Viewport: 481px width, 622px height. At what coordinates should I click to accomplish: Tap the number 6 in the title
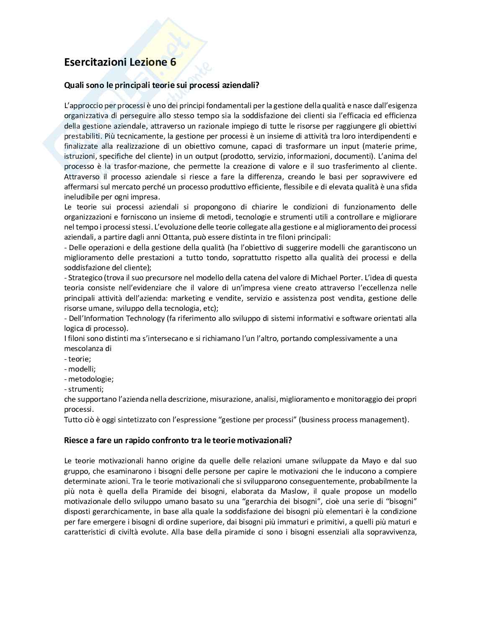click(x=173, y=62)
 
